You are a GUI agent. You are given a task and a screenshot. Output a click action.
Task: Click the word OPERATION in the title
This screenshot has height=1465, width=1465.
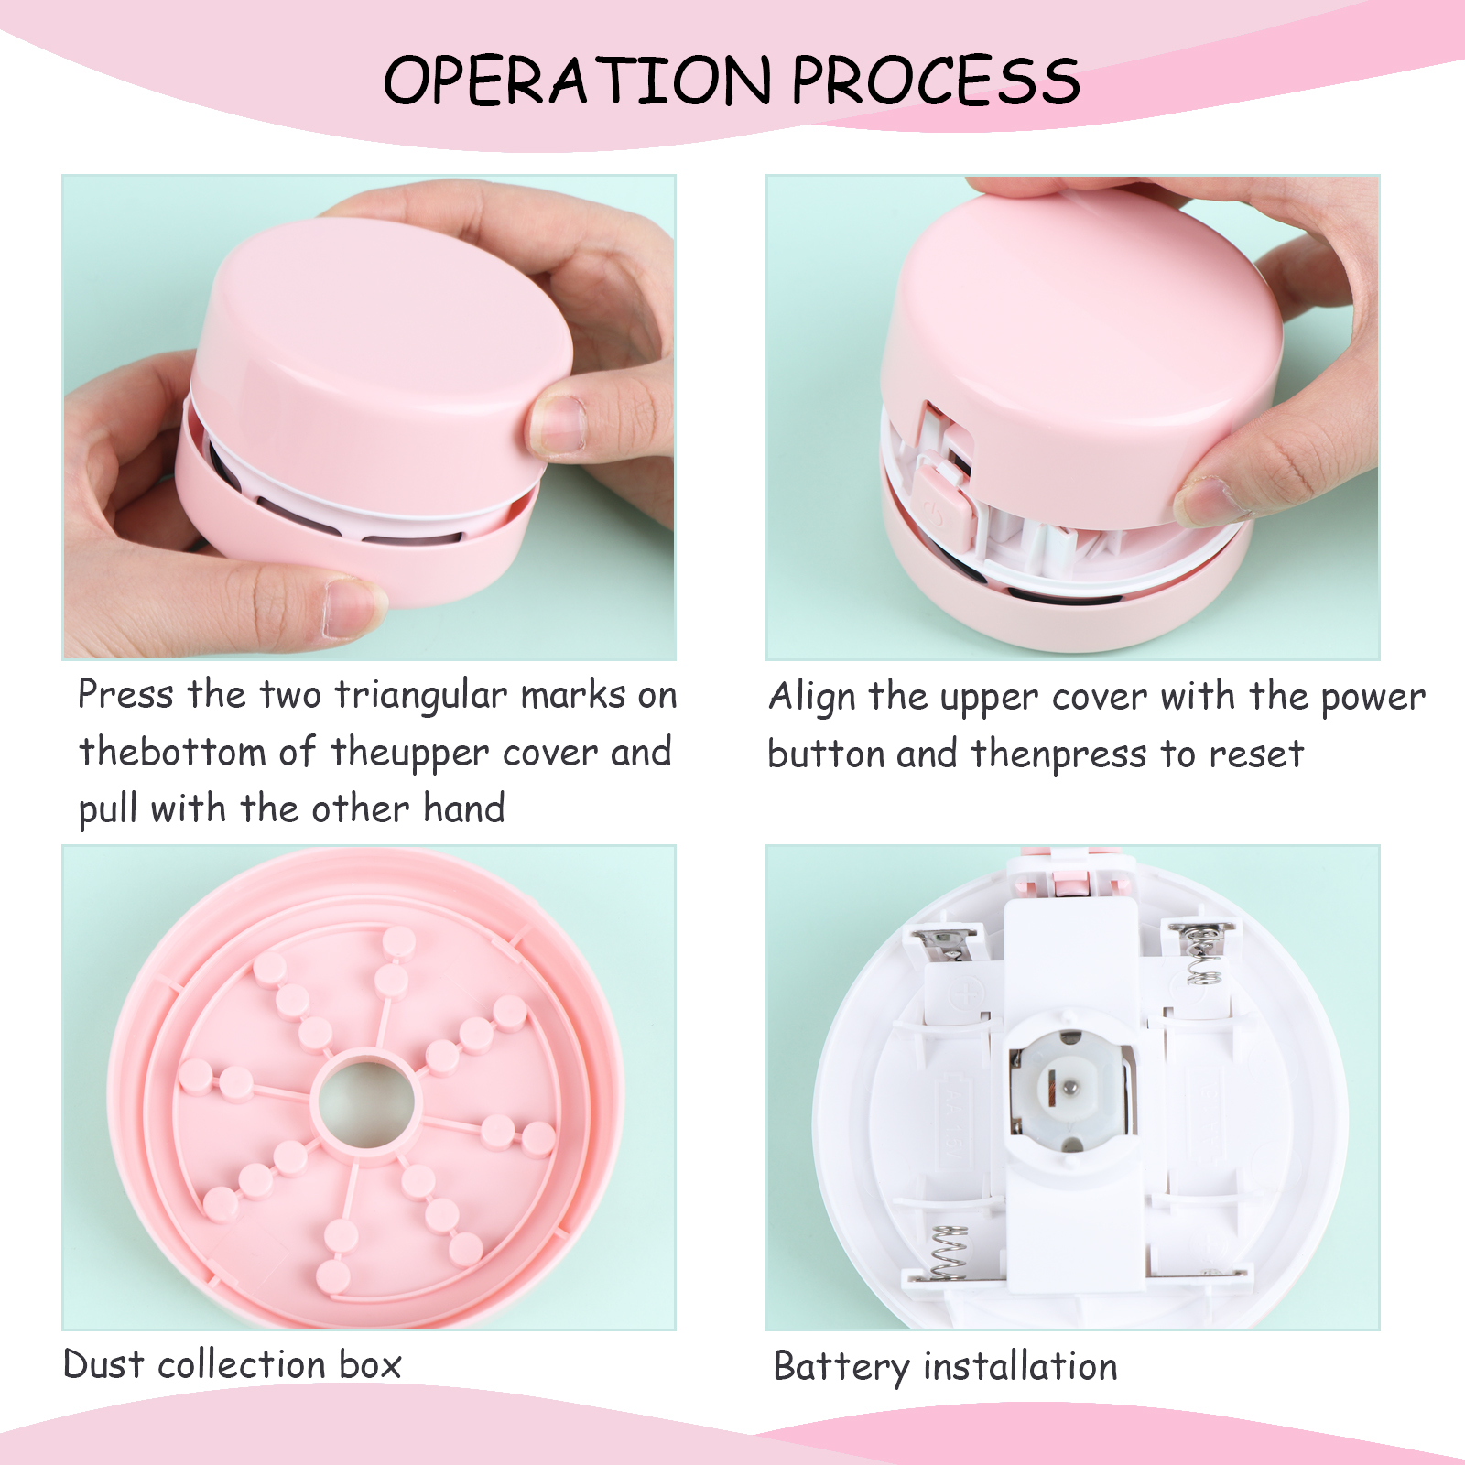(x=578, y=80)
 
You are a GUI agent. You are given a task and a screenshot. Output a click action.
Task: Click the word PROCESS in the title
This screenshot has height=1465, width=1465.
(x=936, y=80)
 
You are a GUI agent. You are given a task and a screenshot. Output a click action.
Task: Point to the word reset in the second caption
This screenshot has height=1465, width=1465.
(x=1256, y=755)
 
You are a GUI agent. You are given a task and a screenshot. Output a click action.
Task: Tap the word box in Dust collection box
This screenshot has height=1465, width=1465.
(x=370, y=1364)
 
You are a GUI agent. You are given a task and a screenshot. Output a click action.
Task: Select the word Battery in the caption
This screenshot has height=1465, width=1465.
(x=841, y=1367)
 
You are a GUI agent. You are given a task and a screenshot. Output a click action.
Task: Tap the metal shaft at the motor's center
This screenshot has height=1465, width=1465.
(x=1069, y=1088)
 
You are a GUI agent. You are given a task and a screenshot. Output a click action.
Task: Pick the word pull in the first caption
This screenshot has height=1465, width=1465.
(x=109, y=810)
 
